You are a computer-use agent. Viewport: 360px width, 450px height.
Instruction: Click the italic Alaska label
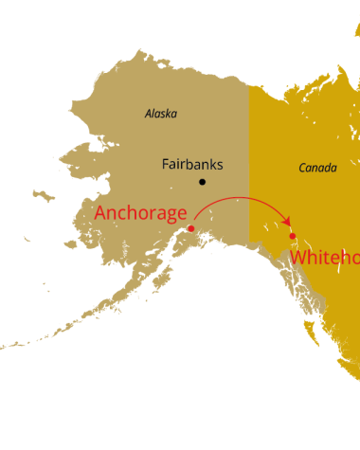pyautogui.click(x=160, y=114)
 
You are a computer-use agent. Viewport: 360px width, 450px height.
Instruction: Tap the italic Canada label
pyautogui.click(x=317, y=168)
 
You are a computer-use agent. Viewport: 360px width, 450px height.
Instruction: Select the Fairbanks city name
pyautogui.click(x=191, y=164)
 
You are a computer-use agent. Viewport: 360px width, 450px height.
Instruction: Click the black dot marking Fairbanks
pyautogui.click(x=202, y=182)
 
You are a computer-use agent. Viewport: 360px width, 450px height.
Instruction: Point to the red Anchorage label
pyautogui.click(x=140, y=213)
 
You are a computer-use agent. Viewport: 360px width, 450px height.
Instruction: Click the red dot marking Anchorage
pyautogui.click(x=191, y=228)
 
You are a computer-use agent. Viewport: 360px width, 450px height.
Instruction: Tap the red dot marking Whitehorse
pyautogui.click(x=293, y=236)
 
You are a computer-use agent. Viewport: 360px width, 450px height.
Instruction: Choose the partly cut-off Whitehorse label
pyautogui.click(x=325, y=258)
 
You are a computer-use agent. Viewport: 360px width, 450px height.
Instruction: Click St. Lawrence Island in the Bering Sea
pyautogui.click(x=41, y=194)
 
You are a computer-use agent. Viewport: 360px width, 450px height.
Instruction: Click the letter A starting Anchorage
pyautogui.click(x=101, y=213)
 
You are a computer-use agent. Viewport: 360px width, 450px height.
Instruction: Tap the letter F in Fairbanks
pyautogui.click(x=166, y=164)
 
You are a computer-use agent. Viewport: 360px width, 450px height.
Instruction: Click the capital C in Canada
pyautogui.click(x=302, y=168)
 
